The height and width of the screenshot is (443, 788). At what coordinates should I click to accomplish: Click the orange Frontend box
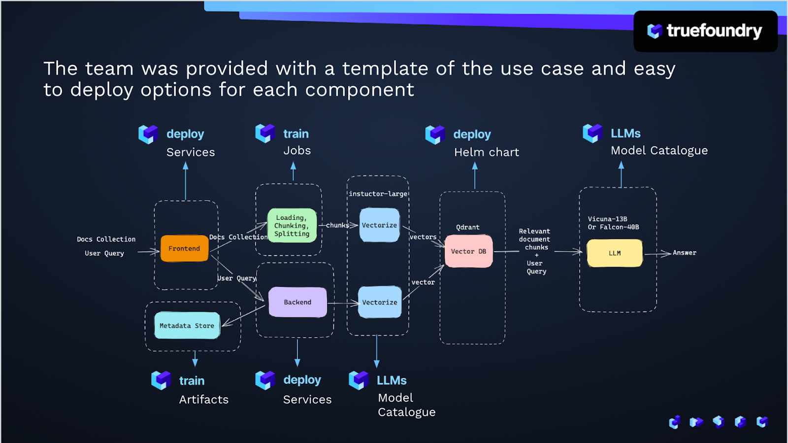184,248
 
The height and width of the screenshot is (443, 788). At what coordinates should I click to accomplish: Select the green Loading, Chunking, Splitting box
292,226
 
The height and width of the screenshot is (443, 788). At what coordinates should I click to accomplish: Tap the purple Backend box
297,302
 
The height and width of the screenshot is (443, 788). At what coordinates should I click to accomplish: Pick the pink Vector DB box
468,251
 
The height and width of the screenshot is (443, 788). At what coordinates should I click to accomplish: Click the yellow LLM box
615,253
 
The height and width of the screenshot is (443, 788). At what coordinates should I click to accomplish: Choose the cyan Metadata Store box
187,326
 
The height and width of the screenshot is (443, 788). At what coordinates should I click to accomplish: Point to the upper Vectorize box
379,225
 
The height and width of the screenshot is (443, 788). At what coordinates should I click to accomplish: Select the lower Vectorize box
379,302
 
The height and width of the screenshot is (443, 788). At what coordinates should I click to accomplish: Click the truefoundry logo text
714,31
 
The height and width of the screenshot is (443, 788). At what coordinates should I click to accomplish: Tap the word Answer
685,253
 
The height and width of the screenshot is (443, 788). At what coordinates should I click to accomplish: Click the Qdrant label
467,227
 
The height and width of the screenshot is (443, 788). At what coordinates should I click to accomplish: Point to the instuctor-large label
378,194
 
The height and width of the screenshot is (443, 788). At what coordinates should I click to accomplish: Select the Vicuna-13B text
607,219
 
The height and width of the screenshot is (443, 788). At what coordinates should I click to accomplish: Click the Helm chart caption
487,152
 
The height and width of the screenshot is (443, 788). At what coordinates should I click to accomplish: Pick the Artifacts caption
204,400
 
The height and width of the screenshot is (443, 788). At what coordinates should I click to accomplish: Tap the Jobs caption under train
297,151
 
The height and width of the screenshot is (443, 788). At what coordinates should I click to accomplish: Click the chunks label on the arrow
337,225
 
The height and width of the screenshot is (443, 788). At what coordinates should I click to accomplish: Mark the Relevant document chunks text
535,239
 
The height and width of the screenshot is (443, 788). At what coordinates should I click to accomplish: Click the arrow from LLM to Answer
657,254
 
